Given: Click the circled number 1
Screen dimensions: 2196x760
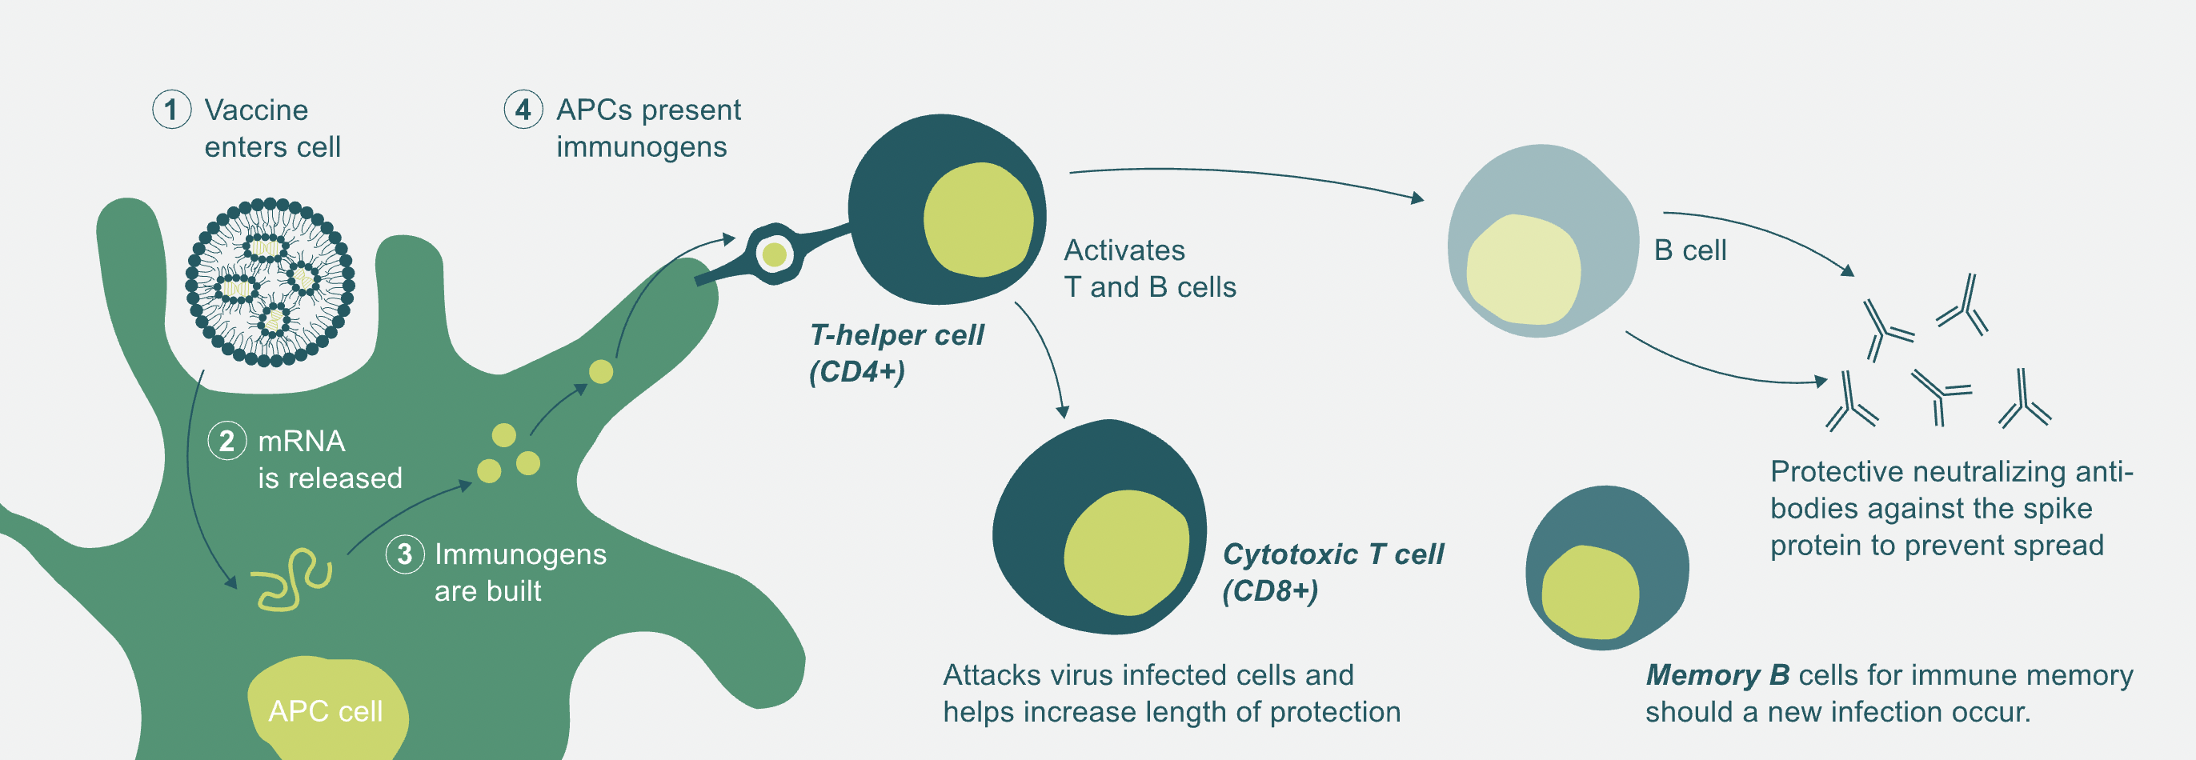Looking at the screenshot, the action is tap(171, 110).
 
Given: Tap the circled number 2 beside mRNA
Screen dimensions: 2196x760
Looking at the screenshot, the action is tap(226, 441).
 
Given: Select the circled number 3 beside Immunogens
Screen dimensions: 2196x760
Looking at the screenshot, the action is tap(405, 554).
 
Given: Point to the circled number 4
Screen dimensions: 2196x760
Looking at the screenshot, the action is tap(523, 110).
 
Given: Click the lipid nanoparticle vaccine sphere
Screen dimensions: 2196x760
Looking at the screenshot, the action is tap(270, 282).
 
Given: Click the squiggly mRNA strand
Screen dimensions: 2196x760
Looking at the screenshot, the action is tap(291, 579).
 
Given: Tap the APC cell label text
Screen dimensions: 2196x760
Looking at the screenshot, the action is tap(326, 711).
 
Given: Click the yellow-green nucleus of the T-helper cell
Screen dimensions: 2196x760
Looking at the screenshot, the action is tap(979, 220).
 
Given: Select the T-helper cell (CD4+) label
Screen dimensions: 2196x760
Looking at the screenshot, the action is tap(896, 353).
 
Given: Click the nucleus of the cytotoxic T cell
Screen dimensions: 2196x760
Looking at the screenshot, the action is tap(1126, 552).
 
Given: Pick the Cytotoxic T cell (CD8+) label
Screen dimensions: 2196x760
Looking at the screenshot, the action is tap(1333, 572).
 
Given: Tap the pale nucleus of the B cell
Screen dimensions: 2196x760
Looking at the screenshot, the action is tap(1524, 270).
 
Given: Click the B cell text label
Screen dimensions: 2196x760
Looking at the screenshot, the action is tap(1690, 250).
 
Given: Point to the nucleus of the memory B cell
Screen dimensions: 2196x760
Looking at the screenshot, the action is tap(1591, 592).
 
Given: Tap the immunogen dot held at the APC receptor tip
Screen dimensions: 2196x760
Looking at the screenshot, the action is tap(774, 254).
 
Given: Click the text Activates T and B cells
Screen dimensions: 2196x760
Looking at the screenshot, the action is tap(1150, 268).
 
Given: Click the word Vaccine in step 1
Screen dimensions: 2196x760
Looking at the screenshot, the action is tap(257, 110).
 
